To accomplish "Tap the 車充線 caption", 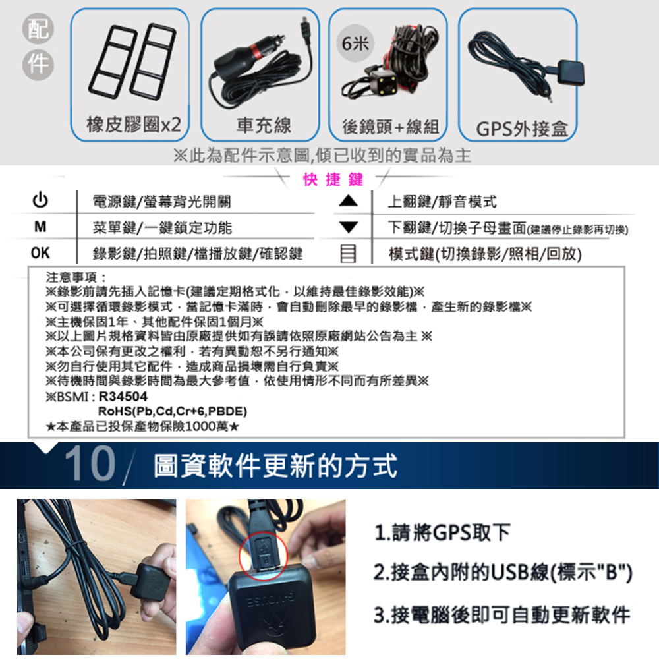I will [264, 125].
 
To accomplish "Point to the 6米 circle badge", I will [357, 43].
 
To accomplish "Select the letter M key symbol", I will [40, 227].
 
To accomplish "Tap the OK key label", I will [40, 252].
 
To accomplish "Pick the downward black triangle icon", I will [349, 227].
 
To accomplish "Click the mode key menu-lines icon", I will [349, 253].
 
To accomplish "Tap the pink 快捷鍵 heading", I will [334, 179].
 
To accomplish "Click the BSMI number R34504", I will [123, 398].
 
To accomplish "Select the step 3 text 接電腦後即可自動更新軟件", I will [501, 616].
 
